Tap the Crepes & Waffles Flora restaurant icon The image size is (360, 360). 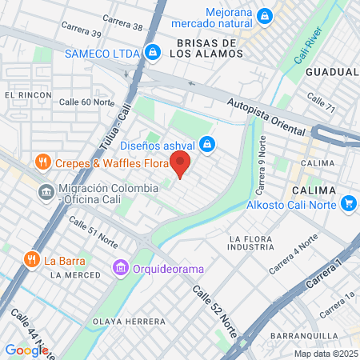coord(44,163)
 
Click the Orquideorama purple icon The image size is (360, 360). coord(121,266)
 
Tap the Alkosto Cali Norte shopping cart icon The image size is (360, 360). coord(348,203)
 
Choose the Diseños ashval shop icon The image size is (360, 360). coord(207,145)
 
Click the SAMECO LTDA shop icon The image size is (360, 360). coord(152,53)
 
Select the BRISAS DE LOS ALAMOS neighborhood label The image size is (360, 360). coord(206,48)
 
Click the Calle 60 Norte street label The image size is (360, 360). coord(87,102)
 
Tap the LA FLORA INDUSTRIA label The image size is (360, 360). coord(258,245)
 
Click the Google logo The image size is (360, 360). coord(26,350)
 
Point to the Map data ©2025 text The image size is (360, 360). coord(325,354)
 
